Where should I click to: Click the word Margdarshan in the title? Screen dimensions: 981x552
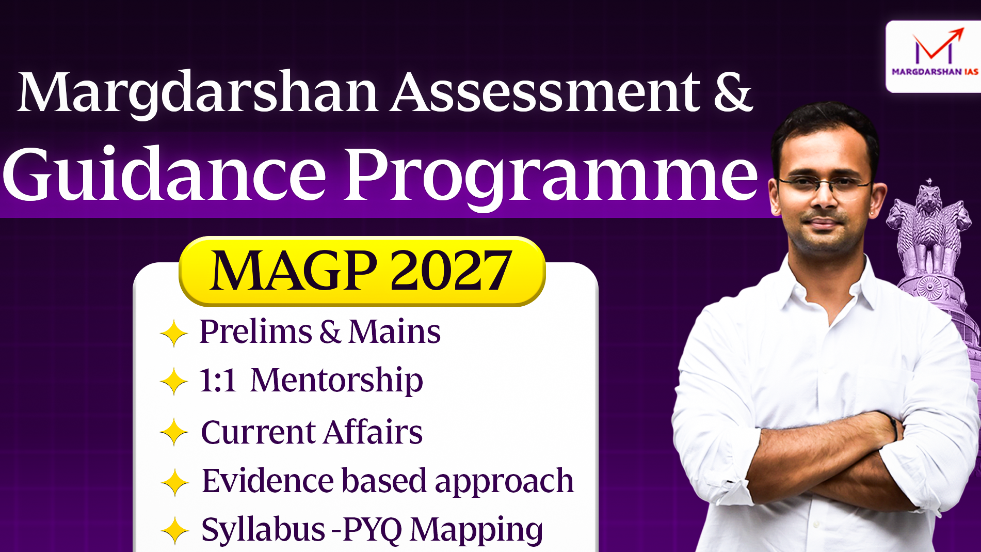click(x=198, y=93)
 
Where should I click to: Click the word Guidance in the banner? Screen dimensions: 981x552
click(x=164, y=174)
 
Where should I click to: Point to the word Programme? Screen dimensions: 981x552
click(x=552, y=178)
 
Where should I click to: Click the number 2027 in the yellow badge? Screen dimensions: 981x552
click(x=451, y=271)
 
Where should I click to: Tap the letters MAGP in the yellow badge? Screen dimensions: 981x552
click(x=293, y=271)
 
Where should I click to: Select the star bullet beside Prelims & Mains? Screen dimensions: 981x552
click(x=174, y=334)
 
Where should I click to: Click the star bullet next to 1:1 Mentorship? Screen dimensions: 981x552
click(x=174, y=382)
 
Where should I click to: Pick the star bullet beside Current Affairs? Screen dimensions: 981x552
click(x=174, y=432)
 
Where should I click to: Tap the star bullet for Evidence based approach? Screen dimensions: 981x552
click(x=175, y=482)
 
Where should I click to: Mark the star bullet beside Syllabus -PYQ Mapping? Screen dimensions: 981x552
click(x=175, y=530)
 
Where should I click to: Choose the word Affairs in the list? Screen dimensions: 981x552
click(x=374, y=432)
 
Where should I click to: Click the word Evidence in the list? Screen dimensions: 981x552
click(x=267, y=481)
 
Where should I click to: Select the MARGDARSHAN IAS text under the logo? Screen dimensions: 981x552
click(x=935, y=72)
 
